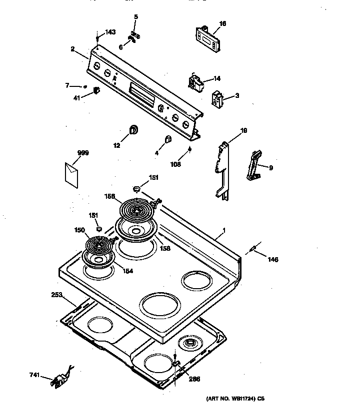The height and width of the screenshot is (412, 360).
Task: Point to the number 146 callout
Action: coord(272,259)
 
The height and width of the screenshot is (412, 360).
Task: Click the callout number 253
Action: coord(57,295)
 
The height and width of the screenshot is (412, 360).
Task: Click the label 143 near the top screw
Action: coord(109,32)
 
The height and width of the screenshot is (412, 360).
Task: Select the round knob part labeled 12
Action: coord(134,131)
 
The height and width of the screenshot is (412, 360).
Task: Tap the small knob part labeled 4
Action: coord(168,140)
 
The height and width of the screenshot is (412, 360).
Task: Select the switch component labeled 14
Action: coord(196,82)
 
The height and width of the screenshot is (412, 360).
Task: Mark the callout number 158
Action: coord(164,248)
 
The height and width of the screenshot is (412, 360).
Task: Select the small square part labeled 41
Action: coord(96,90)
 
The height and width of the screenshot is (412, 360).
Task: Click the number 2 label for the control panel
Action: coord(72,49)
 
